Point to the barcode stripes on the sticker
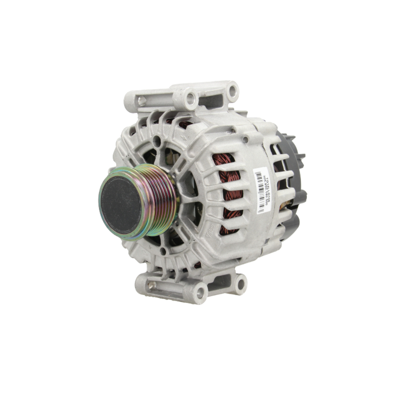260,190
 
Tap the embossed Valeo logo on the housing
209,232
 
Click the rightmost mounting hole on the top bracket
232,91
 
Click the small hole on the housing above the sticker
245,139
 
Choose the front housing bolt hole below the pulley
163,250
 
